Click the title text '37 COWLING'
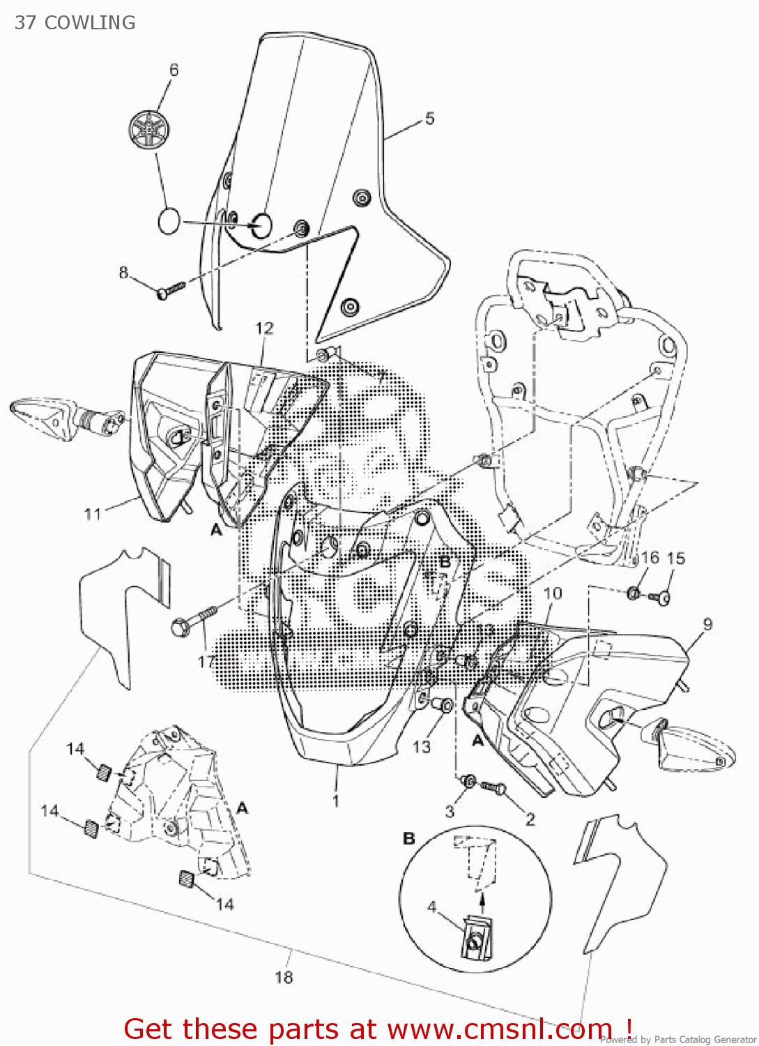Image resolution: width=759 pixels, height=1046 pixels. (75, 22)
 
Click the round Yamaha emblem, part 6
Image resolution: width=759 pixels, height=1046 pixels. (149, 129)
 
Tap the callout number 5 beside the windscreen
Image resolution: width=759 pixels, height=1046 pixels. (429, 119)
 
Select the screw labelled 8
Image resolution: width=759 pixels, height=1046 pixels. (170, 289)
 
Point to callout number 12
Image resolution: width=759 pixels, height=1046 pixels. (265, 328)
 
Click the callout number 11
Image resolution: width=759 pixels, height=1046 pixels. (93, 515)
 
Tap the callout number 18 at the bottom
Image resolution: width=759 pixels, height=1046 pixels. (284, 977)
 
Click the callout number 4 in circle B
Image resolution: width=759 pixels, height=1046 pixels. (432, 907)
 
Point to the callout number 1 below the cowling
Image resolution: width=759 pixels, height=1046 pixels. (335, 801)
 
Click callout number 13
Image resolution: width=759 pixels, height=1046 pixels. (422, 747)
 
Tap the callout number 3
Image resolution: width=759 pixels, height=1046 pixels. (450, 811)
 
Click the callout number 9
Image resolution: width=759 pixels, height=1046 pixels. (707, 624)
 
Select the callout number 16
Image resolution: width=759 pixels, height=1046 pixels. (650, 558)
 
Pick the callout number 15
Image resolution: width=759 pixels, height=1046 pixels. (676, 559)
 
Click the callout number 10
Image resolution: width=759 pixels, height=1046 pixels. (553, 593)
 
